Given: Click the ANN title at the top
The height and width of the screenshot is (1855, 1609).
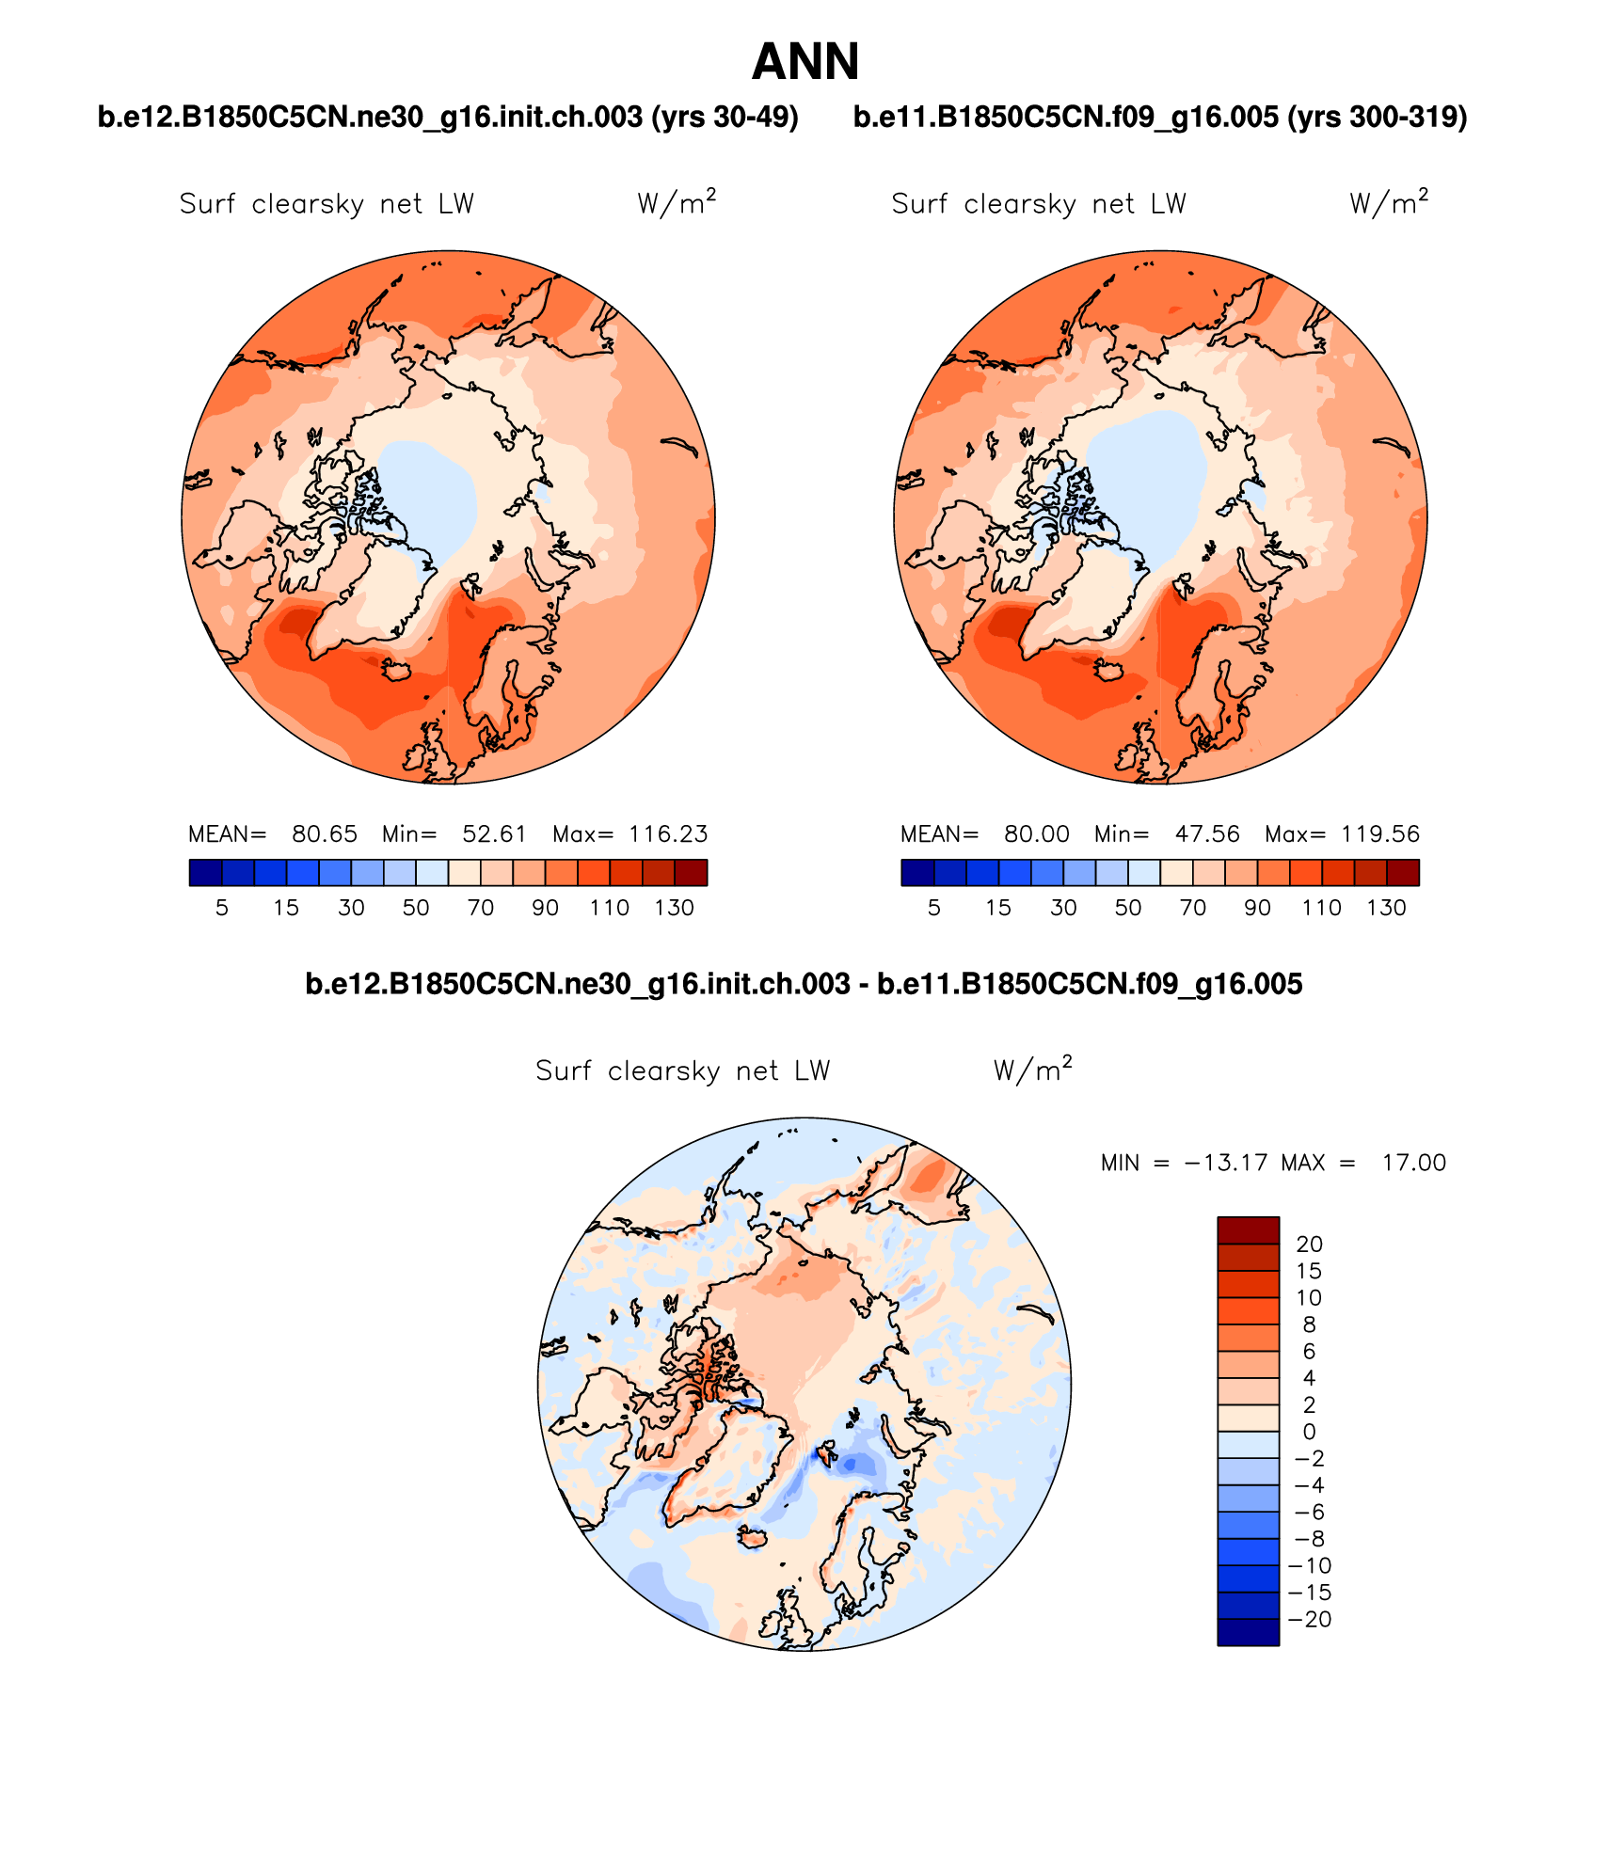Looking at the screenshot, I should pos(805,62).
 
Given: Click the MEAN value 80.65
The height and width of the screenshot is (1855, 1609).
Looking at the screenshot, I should pos(324,834).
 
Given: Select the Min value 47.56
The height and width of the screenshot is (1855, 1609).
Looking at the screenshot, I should pos(1206,834).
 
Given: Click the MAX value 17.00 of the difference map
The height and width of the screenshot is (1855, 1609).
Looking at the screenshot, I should pos(1413,1163).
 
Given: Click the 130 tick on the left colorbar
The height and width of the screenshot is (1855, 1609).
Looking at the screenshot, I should pos(674,908).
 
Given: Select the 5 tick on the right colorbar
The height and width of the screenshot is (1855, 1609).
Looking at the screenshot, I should pos(933,908).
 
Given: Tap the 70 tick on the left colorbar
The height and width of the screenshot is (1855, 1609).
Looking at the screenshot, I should pos(481,908).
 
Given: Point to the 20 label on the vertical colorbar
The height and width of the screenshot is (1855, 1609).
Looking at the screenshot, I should pos(1309,1244).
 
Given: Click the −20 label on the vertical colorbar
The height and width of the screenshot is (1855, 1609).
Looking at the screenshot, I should pos(1309,1619).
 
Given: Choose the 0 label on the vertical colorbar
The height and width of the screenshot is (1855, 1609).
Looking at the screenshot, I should pos(1309,1432).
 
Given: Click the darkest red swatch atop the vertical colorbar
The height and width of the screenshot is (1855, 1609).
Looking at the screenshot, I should pos(1248,1229).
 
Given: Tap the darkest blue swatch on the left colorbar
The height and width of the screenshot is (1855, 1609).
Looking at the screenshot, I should pos(205,873).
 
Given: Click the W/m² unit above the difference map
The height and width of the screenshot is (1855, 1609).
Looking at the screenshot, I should pos(1032,1070).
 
